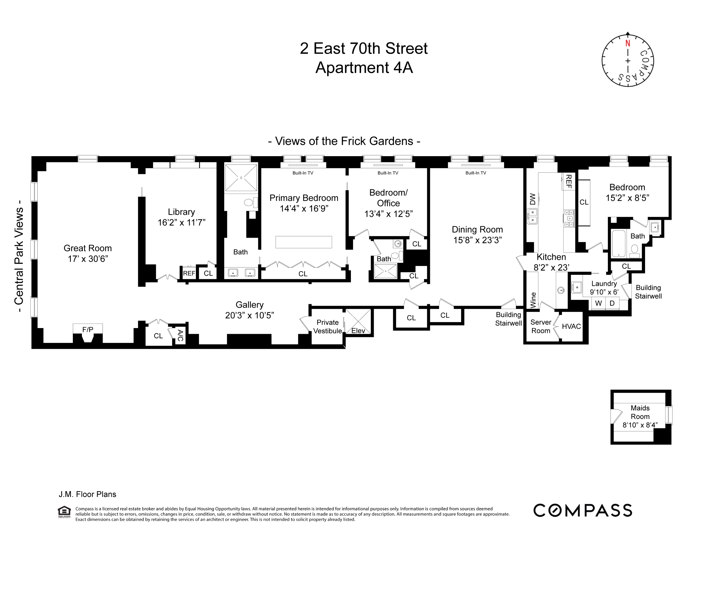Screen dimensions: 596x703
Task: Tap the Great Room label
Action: (x=87, y=248)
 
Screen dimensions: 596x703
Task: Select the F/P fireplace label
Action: (x=87, y=329)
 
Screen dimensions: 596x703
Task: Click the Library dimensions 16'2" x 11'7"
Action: (x=182, y=222)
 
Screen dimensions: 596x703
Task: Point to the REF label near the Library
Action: (x=189, y=273)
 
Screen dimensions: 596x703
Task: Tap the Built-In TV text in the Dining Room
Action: (x=476, y=173)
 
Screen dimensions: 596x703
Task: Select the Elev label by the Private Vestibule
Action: (x=358, y=331)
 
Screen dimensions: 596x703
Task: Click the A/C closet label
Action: (x=180, y=336)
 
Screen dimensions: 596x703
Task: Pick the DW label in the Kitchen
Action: (x=532, y=199)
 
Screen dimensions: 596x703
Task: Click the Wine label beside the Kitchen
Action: (x=533, y=300)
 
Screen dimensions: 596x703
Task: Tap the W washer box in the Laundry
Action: (x=598, y=303)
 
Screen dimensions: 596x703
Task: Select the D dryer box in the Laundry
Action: (x=612, y=303)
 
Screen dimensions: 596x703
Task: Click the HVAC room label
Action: (x=571, y=326)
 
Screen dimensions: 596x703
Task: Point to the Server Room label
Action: (x=540, y=326)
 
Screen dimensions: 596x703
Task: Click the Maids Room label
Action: (x=640, y=412)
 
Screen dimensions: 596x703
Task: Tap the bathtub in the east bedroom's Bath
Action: (x=619, y=243)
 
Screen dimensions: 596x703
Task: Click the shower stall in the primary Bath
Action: (x=241, y=178)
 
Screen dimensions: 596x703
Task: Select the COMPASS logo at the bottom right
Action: (x=582, y=510)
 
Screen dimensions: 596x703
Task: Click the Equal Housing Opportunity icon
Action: (x=64, y=512)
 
